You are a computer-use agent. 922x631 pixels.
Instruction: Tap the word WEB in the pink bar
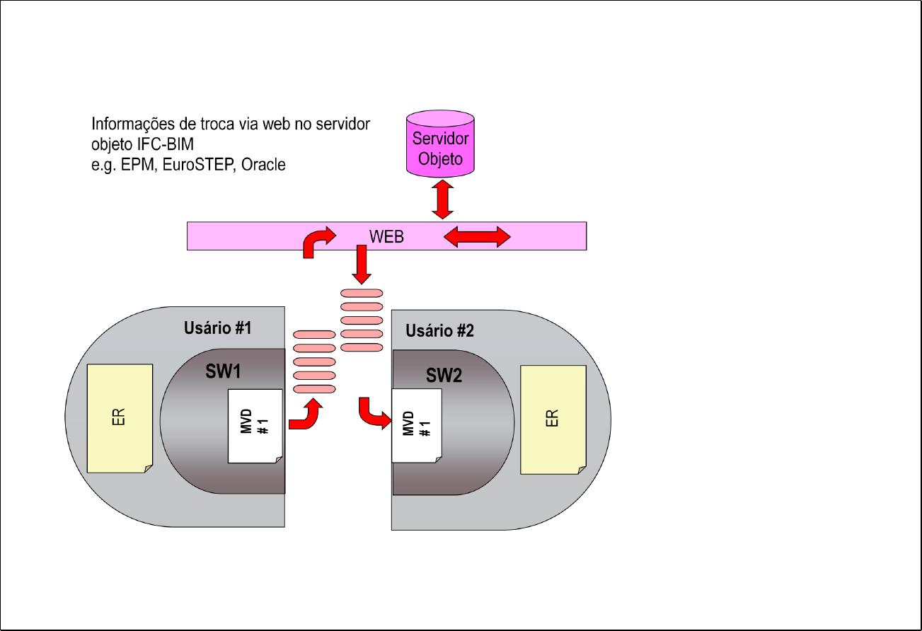pyautogui.click(x=386, y=237)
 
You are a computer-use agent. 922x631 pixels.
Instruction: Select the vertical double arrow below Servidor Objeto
pyautogui.click(x=442, y=199)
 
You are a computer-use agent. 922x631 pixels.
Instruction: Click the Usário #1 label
pyautogui.click(x=217, y=328)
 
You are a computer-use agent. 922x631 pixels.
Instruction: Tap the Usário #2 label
pyautogui.click(x=439, y=331)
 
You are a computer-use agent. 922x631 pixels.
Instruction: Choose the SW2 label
pyautogui.click(x=444, y=376)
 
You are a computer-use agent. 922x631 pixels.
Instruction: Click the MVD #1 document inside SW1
pyautogui.click(x=255, y=426)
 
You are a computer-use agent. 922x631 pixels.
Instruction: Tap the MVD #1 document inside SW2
pyautogui.click(x=417, y=426)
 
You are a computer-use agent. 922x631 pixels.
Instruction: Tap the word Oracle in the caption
pyautogui.click(x=263, y=166)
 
